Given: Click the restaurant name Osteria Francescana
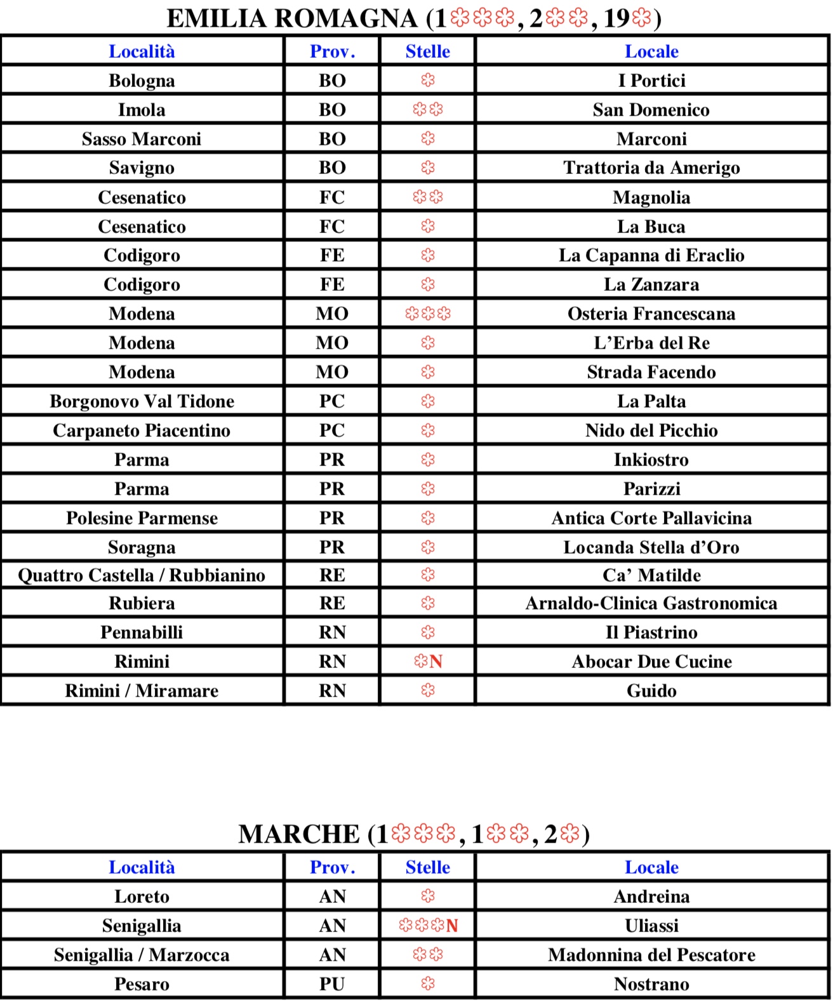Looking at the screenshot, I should click(x=651, y=314).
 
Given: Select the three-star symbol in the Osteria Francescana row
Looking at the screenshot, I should click(x=428, y=314).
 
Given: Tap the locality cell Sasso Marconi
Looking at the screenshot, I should click(x=142, y=139).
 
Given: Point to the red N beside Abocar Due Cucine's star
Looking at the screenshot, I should click(x=436, y=662).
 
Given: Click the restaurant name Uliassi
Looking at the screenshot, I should click(x=651, y=926).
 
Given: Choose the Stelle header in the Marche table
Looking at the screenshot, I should click(x=428, y=867).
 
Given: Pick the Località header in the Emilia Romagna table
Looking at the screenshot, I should click(x=142, y=51).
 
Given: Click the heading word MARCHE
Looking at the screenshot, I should click(x=299, y=834).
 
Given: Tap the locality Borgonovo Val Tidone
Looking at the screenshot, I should click(x=142, y=401).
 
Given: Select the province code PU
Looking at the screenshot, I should click(x=332, y=984).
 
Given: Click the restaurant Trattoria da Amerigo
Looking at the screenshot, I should click(x=651, y=168).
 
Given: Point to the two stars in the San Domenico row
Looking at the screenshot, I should click(x=428, y=110).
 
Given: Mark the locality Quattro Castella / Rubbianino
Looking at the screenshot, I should click(x=142, y=575).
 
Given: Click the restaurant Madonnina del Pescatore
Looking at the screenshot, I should click(x=651, y=955).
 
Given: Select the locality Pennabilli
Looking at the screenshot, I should click(x=142, y=632).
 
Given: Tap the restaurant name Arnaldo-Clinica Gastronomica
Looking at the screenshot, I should click(x=651, y=603).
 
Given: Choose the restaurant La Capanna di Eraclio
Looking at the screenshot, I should click(x=651, y=255).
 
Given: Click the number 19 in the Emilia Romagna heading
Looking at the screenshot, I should click(x=616, y=19).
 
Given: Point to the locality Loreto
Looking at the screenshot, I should click(x=142, y=897).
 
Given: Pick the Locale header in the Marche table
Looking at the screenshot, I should click(x=651, y=867).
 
